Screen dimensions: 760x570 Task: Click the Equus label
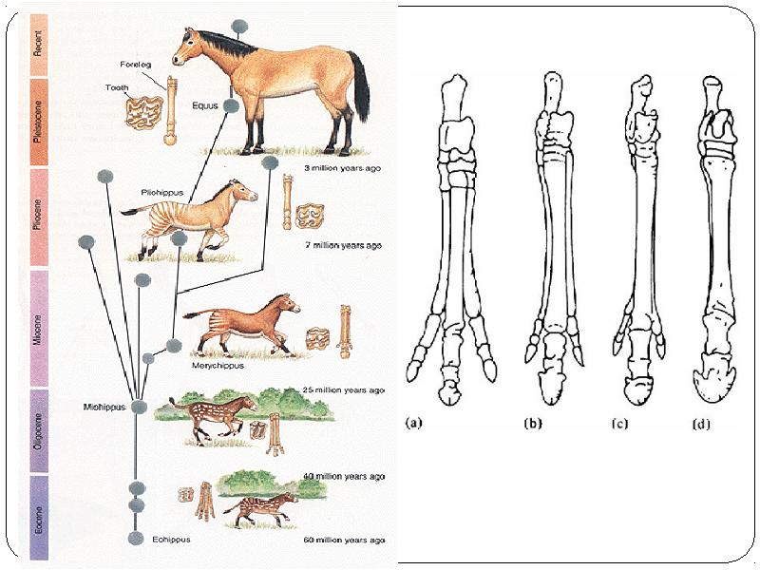point(205,105)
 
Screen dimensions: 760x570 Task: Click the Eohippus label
point(172,539)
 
